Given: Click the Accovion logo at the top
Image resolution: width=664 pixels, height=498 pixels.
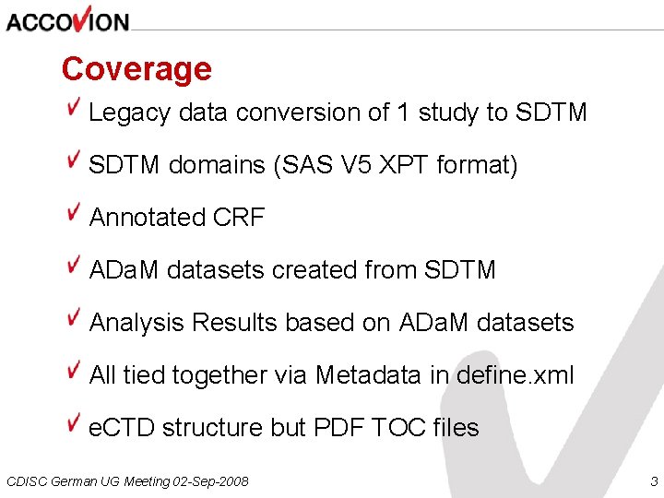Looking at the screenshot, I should [67, 18].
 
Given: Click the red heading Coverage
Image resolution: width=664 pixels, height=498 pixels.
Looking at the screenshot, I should [136, 69].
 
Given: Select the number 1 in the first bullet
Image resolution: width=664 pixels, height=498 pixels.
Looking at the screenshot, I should [402, 113].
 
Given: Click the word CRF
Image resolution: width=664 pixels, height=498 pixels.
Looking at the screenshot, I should [238, 218].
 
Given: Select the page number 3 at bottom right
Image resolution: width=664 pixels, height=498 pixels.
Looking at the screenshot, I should [654, 481].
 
